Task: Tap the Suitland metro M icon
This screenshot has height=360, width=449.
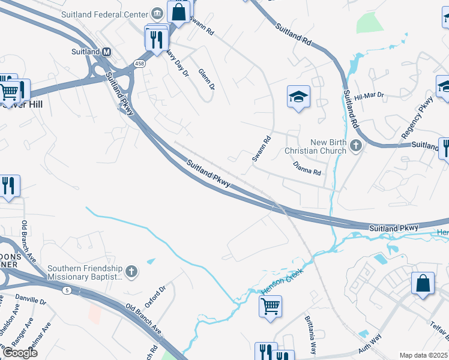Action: pos(106,52)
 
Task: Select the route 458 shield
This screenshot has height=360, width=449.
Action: pos(139,63)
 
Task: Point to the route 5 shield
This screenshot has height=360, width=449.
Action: pos(65,290)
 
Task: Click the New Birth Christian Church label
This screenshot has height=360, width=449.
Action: pos(328,146)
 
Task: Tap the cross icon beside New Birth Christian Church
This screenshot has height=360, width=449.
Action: pos(356,145)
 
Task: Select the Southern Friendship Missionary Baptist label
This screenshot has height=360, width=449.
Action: pos(85,272)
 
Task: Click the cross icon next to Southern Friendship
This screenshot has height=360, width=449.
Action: pos(132,272)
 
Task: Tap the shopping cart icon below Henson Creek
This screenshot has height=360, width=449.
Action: pos(270,306)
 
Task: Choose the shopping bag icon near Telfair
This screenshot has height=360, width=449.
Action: pos(423,283)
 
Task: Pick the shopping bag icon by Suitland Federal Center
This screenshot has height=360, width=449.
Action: pos(179,11)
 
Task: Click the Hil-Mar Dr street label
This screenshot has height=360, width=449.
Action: pos(369,96)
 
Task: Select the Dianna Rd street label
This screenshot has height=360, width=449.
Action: pos(307,167)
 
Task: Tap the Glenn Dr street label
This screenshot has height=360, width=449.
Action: pos(207,79)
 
